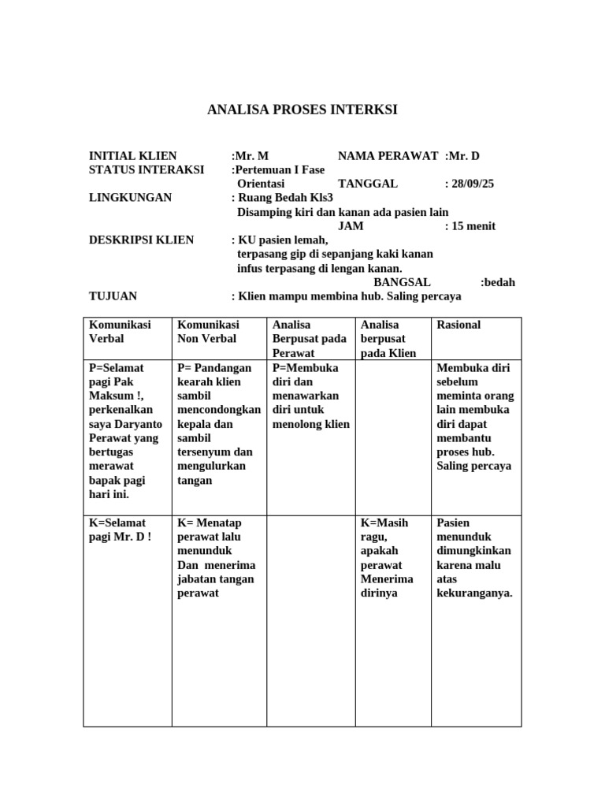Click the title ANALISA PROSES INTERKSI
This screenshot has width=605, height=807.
pyautogui.click(x=302, y=110)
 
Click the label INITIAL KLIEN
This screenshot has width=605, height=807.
pyautogui.click(x=133, y=156)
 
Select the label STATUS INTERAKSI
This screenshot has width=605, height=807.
pyautogui.click(x=147, y=169)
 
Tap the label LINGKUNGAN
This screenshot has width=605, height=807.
pyautogui.click(x=130, y=197)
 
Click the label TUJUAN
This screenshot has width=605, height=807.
pyautogui.click(x=113, y=296)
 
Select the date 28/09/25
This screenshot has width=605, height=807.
pyautogui.click(x=473, y=184)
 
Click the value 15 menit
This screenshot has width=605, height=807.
pyautogui.click(x=473, y=226)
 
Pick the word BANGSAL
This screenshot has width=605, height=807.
pyautogui.click(x=402, y=282)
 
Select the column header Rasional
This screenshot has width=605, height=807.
pyautogui.click(x=458, y=325)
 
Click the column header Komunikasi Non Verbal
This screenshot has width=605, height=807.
pyautogui.click(x=209, y=332)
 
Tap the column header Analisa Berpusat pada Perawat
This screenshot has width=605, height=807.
pyautogui.click(x=310, y=339)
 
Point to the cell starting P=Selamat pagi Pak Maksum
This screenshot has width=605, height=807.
pyautogui.click(x=121, y=431)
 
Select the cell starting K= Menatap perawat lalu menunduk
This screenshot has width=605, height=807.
pyautogui.click(x=216, y=558)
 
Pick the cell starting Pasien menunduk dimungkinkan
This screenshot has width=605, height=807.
pyautogui.click(x=473, y=558)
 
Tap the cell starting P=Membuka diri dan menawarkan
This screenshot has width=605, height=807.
pyautogui.click(x=310, y=396)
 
